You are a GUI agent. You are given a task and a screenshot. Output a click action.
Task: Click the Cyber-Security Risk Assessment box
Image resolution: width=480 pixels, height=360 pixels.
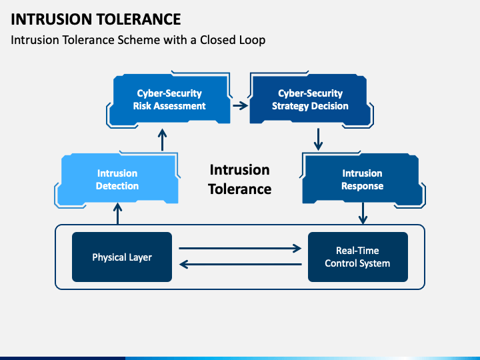pos(169,99)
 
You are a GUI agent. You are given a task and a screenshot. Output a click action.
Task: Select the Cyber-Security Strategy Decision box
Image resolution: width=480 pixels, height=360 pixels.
pos(311,99)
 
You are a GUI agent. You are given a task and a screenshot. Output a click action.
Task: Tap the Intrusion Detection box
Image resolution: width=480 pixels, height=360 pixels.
pos(117,179)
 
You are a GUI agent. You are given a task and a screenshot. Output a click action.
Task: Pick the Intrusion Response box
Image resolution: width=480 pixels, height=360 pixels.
pos(362,179)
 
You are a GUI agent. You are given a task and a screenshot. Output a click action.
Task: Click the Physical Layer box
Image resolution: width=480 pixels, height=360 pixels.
pos(122,257)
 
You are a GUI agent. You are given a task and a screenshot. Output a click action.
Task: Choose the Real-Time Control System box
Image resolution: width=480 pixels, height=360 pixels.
pos(358,257)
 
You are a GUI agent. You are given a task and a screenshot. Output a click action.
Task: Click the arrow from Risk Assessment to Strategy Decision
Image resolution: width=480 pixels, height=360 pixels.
pos(240,105)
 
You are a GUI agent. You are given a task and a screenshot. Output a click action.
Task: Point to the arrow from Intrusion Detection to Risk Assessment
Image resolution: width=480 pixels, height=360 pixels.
pos(162,140)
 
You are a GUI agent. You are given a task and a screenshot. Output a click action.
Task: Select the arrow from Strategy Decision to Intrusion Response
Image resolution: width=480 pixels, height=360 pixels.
pos(319,139)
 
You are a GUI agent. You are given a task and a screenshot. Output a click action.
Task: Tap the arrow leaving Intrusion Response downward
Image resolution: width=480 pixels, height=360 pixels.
pos(363,213)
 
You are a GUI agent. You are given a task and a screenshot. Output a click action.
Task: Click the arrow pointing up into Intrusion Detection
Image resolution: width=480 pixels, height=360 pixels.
pos(117,214)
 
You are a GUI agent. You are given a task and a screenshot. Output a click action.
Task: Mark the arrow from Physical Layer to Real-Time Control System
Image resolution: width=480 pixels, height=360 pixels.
pos(240,248)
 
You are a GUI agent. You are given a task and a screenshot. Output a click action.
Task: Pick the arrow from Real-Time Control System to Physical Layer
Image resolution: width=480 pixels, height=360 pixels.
pos(240,264)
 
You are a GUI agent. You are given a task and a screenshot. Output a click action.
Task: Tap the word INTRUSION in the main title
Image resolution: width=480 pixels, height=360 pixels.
pos(51,19)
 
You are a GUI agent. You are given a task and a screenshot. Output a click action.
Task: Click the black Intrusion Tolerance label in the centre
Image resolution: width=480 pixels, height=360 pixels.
pos(240,179)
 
